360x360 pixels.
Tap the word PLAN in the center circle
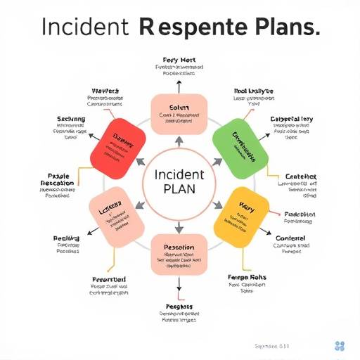click(179, 189)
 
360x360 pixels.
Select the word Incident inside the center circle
click(179, 173)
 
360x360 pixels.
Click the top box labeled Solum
click(179, 113)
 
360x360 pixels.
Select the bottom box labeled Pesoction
click(179, 253)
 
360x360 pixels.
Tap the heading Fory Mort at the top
click(178, 60)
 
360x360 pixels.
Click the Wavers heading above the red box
click(105, 91)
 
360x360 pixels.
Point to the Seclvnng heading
click(70, 120)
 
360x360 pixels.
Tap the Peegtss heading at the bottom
click(178, 307)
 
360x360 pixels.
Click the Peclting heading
click(67, 239)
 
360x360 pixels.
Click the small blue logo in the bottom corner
click(340, 345)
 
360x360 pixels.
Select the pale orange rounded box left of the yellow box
click(116, 214)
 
